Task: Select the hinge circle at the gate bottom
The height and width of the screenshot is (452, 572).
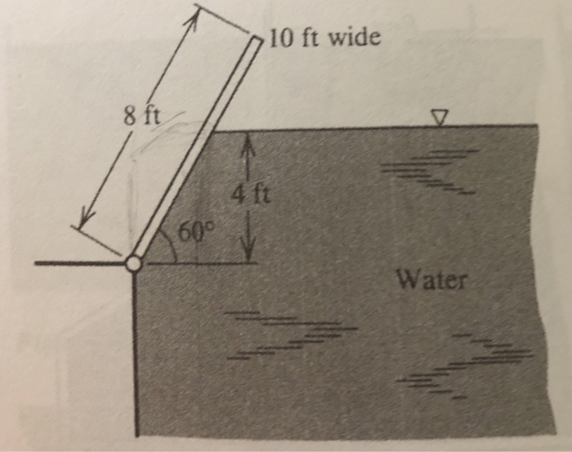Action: click(133, 264)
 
